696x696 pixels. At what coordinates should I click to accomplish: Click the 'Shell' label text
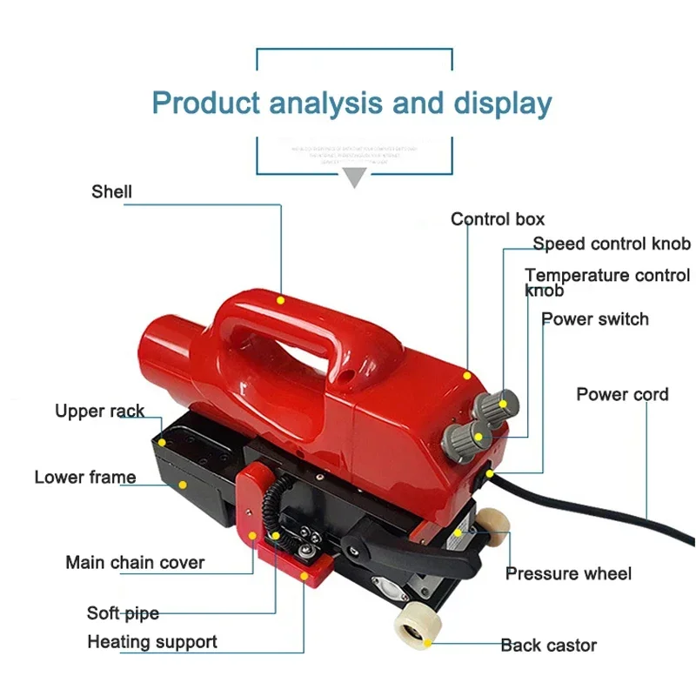pyautogui.click(x=111, y=191)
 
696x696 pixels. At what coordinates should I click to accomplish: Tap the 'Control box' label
pyautogui.click(x=497, y=219)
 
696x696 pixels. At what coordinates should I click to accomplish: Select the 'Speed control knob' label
pyautogui.click(x=612, y=244)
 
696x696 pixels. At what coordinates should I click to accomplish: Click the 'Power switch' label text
pyautogui.click(x=595, y=319)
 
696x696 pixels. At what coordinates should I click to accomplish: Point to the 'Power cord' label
pyautogui.click(x=622, y=394)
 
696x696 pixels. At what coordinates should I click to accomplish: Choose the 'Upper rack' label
pyautogui.click(x=99, y=411)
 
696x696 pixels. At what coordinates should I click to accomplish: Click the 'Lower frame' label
pyautogui.click(x=85, y=477)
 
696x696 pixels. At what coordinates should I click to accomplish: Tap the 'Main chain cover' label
pyautogui.click(x=135, y=562)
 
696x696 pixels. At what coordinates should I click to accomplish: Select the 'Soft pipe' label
pyautogui.click(x=123, y=613)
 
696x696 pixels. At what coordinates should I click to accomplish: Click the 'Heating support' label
pyautogui.click(x=152, y=642)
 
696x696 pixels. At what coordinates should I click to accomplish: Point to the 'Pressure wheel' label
pyautogui.click(x=568, y=573)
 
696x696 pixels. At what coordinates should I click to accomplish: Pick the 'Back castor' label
pyautogui.click(x=548, y=645)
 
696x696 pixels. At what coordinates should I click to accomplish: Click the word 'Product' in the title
pyautogui.click(x=206, y=103)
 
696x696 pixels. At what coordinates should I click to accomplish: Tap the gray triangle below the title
pyautogui.click(x=352, y=179)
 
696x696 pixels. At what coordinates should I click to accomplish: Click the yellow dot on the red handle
pyautogui.click(x=280, y=299)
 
